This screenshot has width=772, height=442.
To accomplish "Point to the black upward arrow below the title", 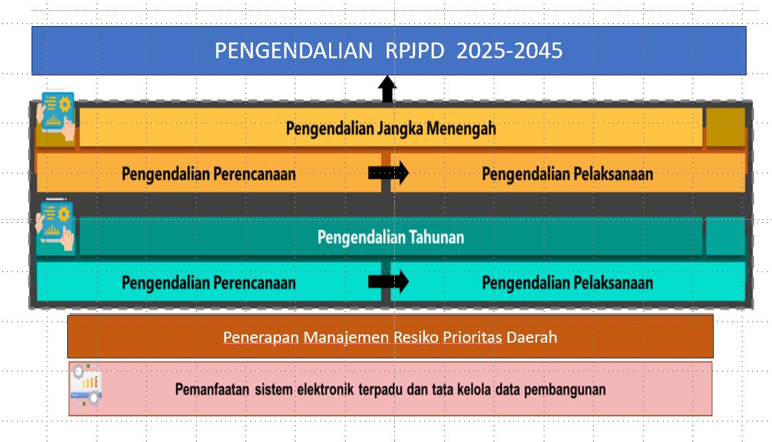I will (x=388, y=89).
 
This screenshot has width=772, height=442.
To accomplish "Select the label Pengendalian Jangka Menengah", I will (x=391, y=128).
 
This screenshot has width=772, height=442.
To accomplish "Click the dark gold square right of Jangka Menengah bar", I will (x=725, y=127).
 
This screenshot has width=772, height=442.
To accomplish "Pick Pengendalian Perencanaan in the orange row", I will (x=208, y=173).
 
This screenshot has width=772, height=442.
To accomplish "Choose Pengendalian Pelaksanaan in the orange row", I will (x=567, y=173).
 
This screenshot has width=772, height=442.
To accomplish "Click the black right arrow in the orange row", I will (x=389, y=173).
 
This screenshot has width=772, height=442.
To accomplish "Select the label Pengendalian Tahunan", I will (x=391, y=237).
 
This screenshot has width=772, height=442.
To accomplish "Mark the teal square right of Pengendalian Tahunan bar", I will (x=725, y=237).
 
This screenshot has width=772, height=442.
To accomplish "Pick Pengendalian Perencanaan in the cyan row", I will (x=208, y=282).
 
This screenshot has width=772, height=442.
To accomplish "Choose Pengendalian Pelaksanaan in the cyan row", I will (x=567, y=282).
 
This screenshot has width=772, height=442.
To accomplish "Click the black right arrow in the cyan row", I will (x=389, y=282).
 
